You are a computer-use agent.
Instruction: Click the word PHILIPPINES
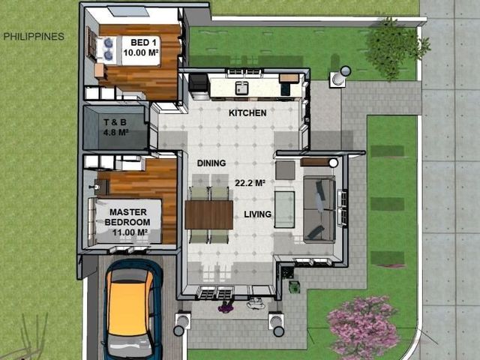tap(34, 37)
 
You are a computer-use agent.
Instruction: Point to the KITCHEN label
tap(247, 113)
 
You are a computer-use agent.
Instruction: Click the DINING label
tap(211, 163)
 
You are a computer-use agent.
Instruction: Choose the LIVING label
tap(257, 214)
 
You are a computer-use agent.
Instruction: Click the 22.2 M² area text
tap(250, 183)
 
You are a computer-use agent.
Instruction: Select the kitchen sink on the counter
tap(241, 88)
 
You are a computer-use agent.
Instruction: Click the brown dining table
tap(209, 215)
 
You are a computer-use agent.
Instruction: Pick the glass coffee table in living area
tap(284, 210)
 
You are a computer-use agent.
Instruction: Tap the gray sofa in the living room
tap(319, 209)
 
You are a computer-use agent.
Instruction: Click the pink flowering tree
tap(363, 328)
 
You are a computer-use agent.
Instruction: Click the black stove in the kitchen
tap(199, 83)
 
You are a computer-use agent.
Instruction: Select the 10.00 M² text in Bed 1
tap(140, 52)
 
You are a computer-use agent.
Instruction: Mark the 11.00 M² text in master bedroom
tap(130, 232)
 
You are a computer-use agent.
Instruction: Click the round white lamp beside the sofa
tap(333, 163)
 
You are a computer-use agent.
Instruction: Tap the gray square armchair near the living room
tap(285, 170)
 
